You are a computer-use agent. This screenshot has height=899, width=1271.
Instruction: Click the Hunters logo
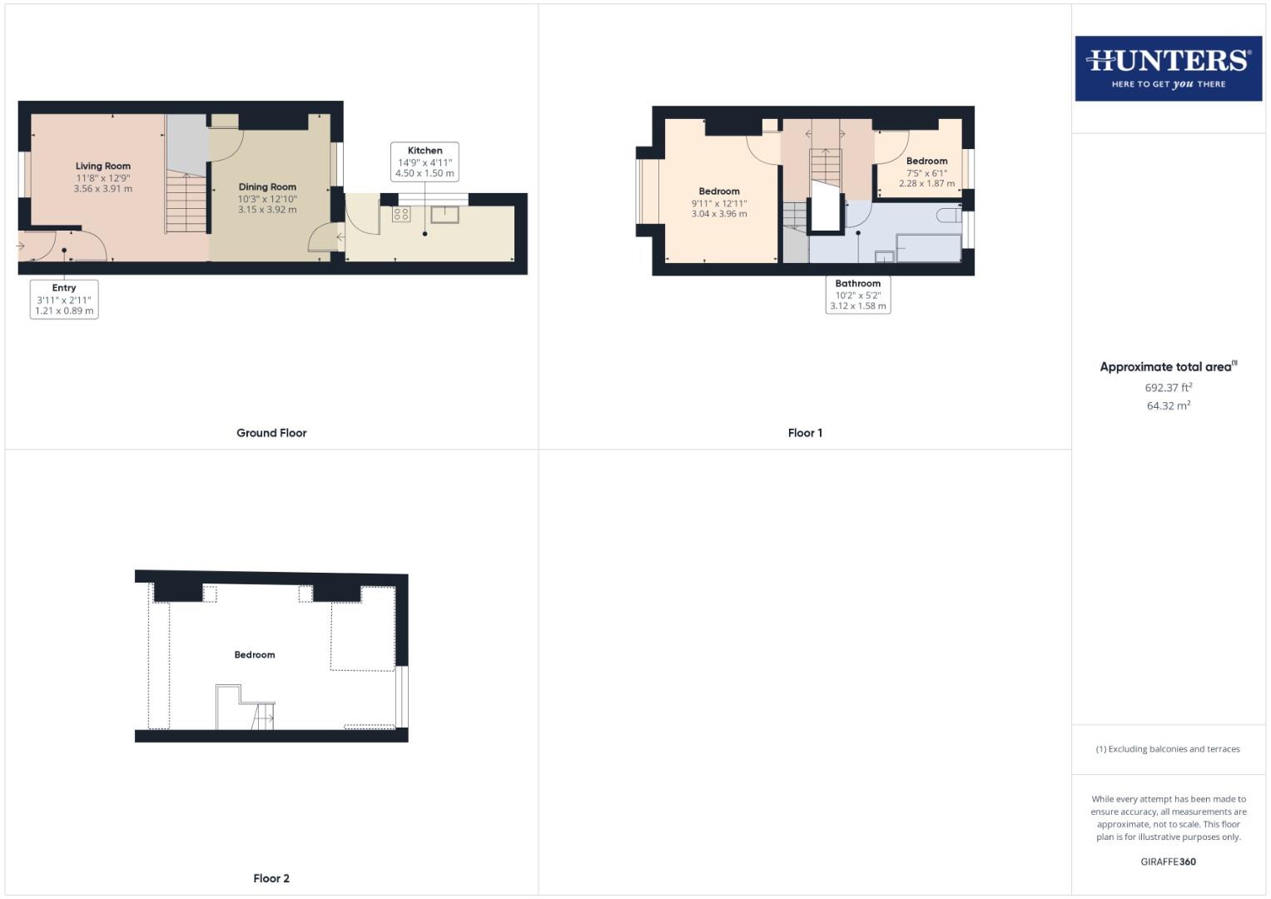pos(1168,67)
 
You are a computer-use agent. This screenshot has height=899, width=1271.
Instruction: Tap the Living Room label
pos(103,166)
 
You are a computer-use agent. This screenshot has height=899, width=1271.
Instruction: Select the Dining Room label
pos(267,187)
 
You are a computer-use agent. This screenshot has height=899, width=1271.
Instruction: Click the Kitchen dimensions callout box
pos(424,162)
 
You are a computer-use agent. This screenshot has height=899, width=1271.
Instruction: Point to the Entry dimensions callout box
pos(64,300)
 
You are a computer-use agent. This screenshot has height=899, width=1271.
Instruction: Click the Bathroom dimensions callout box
pos(858,295)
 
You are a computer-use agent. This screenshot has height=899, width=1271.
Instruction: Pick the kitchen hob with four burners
pos(401,214)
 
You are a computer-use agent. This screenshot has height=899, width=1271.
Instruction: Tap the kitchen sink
pos(445,214)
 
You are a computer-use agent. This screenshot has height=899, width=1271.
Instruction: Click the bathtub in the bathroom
pos(928,248)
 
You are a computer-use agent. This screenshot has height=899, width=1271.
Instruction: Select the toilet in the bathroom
pos(948,216)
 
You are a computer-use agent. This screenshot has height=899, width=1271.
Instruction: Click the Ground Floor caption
pos(271,433)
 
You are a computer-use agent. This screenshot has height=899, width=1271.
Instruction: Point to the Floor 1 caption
pos(805,433)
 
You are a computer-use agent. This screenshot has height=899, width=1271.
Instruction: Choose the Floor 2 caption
pos(271,878)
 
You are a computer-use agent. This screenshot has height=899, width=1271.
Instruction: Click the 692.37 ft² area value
pos(1168,388)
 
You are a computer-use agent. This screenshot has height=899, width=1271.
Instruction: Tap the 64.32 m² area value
pos(1168,406)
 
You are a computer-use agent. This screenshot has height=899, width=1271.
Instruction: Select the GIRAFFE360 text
pos(1168,862)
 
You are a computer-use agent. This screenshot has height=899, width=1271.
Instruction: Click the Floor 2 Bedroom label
pos(255,655)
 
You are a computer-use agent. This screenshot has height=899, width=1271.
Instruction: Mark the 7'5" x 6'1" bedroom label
pos(926,172)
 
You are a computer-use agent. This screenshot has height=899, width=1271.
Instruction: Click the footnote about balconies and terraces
pos(1168,749)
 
